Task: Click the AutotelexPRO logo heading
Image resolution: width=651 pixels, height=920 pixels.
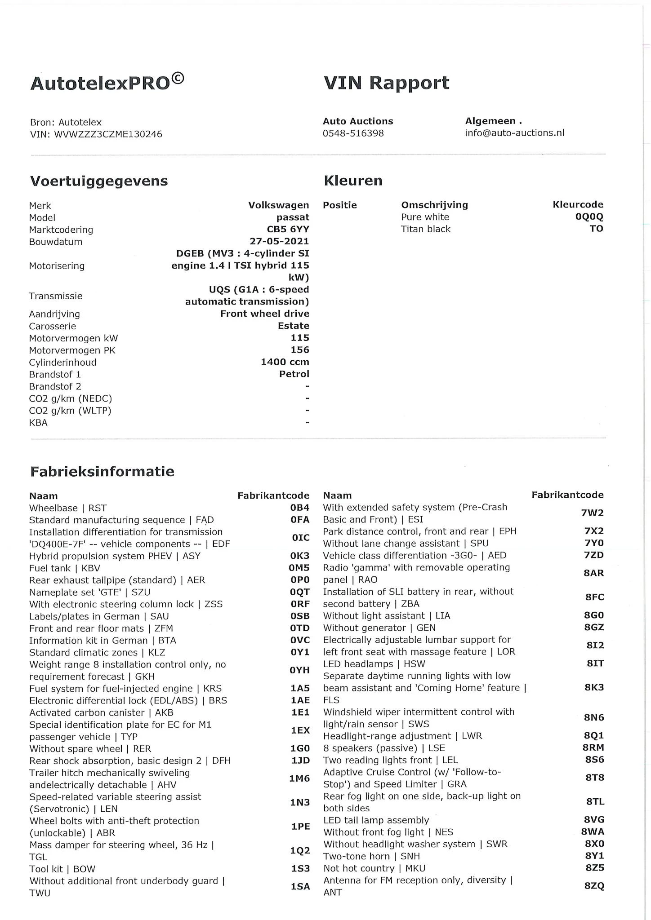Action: click(107, 83)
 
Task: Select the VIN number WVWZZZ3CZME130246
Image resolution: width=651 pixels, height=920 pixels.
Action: click(108, 134)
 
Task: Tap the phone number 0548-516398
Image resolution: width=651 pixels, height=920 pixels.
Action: click(353, 133)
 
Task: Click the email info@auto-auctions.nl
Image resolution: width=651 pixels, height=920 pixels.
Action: click(514, 133)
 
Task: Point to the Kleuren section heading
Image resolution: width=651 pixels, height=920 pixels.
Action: click(353, 181)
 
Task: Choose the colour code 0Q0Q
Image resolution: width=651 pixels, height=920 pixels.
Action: click(589, 217)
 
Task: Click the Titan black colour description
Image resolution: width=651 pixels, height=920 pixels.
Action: click(425, 229)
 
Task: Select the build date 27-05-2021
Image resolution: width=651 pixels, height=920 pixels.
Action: click(279, 241)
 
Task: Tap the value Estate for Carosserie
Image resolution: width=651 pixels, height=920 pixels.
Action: click(293, 326)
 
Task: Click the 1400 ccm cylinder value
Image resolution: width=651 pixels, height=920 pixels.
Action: click(285, 362)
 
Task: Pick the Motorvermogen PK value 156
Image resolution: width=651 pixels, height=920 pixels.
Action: click(299, 349)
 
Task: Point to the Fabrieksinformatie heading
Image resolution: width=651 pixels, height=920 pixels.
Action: click(102, 471)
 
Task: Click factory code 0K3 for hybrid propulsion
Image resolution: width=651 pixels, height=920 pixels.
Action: click(299, 556)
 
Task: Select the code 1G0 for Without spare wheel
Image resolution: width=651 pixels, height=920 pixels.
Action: click(300, 748)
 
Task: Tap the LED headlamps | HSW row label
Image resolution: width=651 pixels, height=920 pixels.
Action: click(374, 663)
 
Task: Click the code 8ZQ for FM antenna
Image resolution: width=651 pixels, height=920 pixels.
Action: click(594, 885)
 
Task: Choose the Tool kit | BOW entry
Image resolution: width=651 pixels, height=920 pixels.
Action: click(62, 868)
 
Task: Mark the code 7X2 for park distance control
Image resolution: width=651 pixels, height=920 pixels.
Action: click(593, 531)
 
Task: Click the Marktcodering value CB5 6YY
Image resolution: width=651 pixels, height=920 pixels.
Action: click(288, 229)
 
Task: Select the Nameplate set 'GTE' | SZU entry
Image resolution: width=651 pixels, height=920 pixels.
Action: click(89, 592)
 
